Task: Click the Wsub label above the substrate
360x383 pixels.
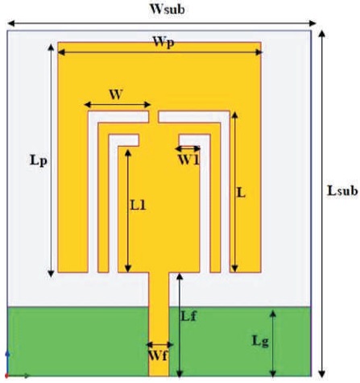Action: click(x=167, y=9)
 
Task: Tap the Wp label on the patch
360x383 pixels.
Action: click(x=163, y=43)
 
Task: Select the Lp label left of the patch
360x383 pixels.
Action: click(x=39, y=160)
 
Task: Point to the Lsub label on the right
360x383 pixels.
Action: click(x=342, y=190)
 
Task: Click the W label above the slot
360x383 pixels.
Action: click(x=116, y=94)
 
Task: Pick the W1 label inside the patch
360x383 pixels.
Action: click(x=189, y=160)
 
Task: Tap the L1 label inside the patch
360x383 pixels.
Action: click(x=138, y=206)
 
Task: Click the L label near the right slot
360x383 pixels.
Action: click(x=241, y=193)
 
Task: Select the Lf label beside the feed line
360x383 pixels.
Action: click(x=188, y=316)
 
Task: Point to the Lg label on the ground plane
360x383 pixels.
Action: click(x=260, y=341)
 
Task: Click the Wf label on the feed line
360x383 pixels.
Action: click(x=158, y=356)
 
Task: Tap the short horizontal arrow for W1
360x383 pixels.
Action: click(x=188, y=148)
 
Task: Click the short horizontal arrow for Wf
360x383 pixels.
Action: click(x=159, y=344)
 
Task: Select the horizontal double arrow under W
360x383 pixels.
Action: click(x=118, y=105)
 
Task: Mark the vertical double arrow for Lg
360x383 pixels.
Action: click(x=273, y=343)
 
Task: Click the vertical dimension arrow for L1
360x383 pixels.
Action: click(x=128, y=211)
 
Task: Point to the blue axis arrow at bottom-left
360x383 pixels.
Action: click(x=7, y=362)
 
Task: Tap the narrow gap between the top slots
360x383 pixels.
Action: click(x=154, y=116)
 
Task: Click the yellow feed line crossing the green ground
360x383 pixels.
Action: click(x=159, y=341)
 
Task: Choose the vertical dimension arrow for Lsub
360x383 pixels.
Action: click(x=322, y=204)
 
